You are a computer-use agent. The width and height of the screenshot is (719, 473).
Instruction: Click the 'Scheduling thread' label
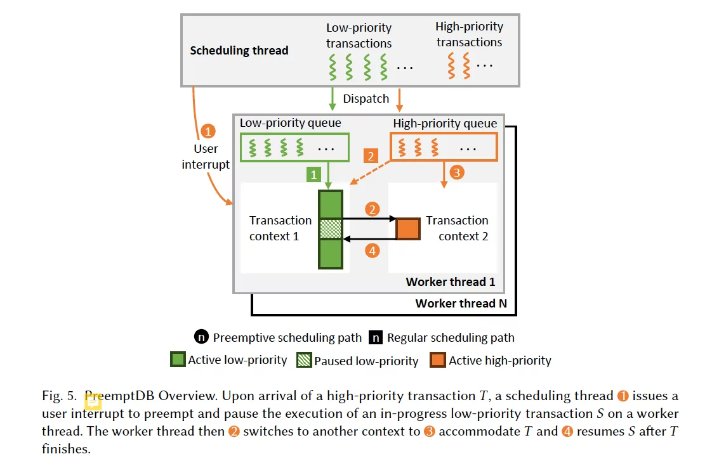[x=239, y=51]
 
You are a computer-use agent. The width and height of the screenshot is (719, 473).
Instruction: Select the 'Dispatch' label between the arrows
[x=366, y=99]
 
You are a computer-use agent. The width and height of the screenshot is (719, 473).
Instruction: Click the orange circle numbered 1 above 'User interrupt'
[x=208, y=132]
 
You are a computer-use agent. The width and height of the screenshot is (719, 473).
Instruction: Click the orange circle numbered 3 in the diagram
[x=456, y=172]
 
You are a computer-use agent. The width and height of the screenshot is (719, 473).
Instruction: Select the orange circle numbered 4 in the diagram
[x=373, y=251]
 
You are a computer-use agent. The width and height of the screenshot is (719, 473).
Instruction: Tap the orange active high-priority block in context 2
[x=408, y=228]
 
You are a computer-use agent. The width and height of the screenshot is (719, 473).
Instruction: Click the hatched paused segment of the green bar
[x=330, y=229]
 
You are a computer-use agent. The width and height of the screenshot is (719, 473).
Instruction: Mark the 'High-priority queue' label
[x=445, y=123]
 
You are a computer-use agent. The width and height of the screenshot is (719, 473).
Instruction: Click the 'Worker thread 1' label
[x=450, y=282]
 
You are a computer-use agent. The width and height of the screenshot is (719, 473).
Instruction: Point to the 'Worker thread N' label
[x=461, y=304]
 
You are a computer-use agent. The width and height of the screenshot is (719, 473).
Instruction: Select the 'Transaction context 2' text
[x=457, y=228]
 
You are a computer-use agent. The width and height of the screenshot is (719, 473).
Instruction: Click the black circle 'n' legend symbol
[x=202, y=337]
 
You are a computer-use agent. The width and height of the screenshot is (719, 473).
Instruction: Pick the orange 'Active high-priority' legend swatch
[x=438, y=360]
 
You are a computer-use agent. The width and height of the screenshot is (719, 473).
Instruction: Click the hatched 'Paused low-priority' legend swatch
[x=305, y=360]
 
